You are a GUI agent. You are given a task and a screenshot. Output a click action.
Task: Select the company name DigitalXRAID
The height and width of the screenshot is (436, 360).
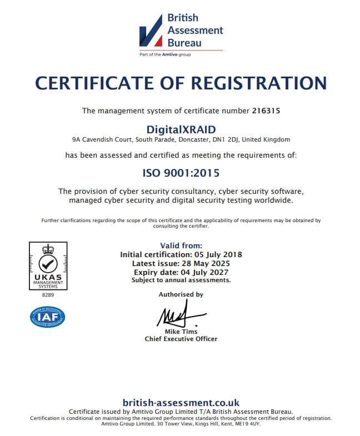(181, 129)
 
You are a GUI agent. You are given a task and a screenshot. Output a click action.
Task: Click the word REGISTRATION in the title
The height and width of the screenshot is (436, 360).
(259, 83)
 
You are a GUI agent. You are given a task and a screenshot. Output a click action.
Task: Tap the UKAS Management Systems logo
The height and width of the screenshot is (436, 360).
(48, 265)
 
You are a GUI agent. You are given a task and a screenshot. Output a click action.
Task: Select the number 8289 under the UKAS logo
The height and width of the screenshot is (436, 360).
(48, 295)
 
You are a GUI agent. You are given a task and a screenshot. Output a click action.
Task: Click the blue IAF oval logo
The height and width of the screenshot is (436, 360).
(48, 317)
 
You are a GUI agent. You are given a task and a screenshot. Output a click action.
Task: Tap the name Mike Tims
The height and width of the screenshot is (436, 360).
(181, 332)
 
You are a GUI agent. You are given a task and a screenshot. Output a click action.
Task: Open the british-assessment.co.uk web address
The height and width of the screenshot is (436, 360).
(181, 402)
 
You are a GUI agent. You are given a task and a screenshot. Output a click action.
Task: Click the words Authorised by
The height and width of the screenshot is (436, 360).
(181, 294)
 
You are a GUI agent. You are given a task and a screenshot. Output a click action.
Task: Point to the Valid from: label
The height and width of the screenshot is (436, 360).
(181, 245)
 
